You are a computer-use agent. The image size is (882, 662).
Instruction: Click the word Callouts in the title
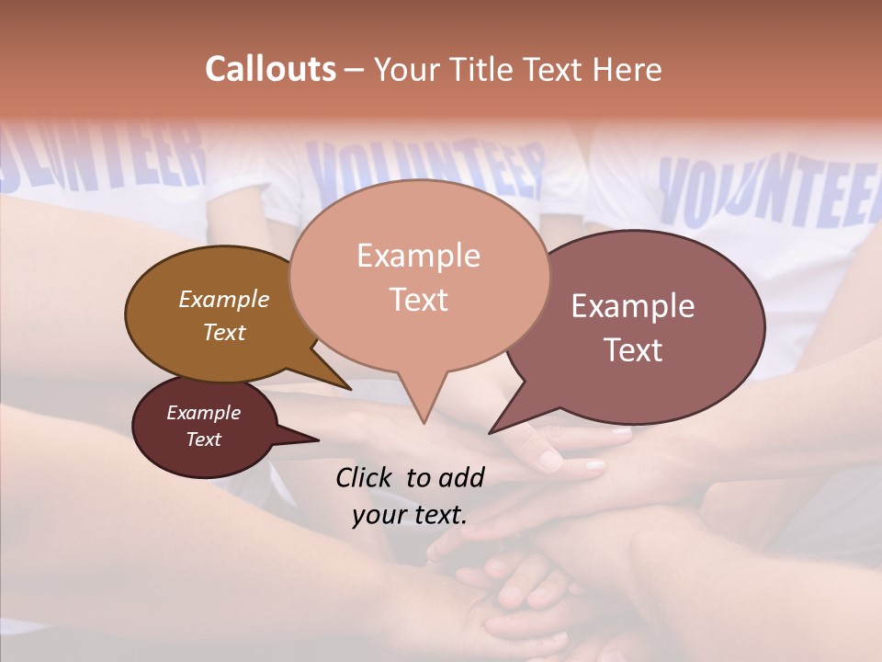click(270, 69)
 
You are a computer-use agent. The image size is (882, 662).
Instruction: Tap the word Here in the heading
click(629, 69)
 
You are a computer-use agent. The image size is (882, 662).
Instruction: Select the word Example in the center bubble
click(418, 255)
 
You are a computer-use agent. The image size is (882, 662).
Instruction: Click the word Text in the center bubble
click(418, 300)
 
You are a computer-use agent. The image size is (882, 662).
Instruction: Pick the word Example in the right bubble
click(633, 306)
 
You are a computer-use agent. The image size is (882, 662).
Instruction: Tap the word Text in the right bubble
click(633, 350)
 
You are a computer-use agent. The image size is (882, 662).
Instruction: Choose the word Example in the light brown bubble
click(223, 299)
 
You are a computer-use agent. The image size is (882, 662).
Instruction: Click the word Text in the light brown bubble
click(223, 332)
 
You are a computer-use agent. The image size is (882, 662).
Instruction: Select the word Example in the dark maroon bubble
click(203, 413)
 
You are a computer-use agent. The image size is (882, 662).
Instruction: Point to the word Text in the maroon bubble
click(203, 439)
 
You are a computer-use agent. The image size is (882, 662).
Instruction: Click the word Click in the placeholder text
click(365, 477)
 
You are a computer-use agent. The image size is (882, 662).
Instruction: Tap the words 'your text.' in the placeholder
click(410, 515)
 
